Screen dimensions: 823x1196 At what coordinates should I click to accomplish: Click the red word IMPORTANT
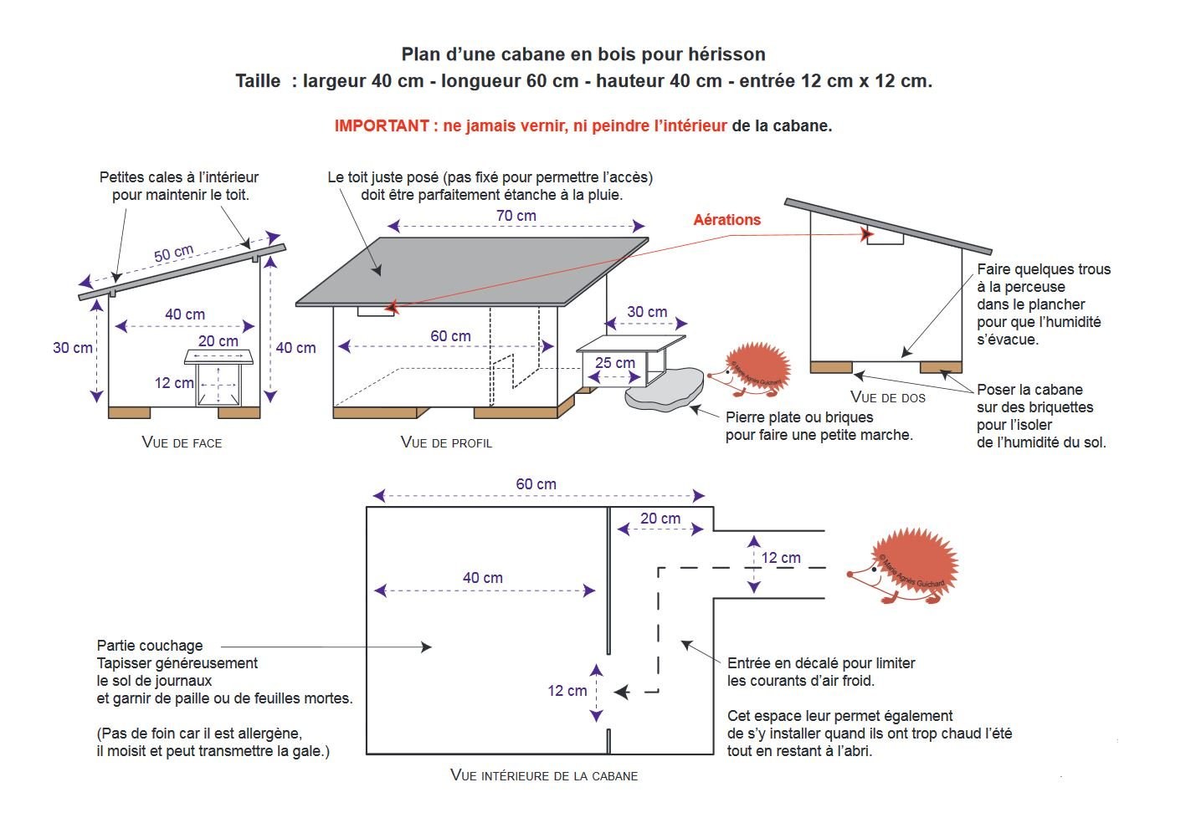click(x=381, y=126)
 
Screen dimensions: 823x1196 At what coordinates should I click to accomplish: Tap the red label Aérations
click(x=726, y=220)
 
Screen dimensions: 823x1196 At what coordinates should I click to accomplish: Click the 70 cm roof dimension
click(x=516, y=216)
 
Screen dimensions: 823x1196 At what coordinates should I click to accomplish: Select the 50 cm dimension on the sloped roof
click(x=173, y=253)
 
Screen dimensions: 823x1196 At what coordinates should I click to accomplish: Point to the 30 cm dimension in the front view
click(x=72, y=348)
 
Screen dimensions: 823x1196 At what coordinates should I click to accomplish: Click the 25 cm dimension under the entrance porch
click(x=614, y=363)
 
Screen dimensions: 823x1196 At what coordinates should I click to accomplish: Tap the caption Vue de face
click(x=182, y=442)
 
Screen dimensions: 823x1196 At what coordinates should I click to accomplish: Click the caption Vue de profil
click(x=446, y=442)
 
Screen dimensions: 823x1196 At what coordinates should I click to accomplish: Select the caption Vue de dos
click(x=887, y=397)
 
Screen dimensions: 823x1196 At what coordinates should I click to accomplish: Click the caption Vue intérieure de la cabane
click(x=544, y=775)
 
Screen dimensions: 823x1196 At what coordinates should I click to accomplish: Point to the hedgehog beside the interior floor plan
click(x=904, y=565)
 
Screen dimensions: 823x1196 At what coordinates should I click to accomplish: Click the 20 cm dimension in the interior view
click(x=660, y=519)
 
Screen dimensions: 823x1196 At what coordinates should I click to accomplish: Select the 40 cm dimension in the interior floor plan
click(x=483, y=578)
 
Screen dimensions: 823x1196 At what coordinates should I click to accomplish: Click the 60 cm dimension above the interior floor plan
click(x=536, y=484)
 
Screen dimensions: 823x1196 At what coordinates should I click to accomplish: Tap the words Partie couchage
click(x=150, y=646)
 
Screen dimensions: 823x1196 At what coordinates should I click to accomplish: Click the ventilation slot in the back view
click(x=885, y=238)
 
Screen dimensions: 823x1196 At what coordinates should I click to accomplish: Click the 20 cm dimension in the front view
click(x=218, y=341)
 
